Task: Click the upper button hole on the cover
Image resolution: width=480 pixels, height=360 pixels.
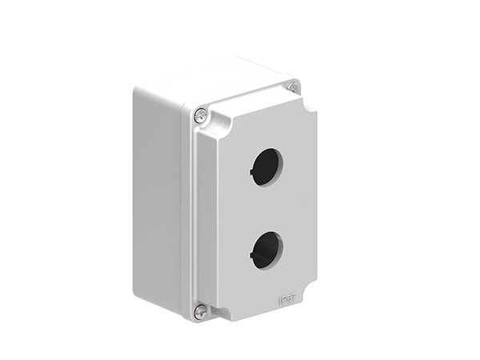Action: click(264, 166)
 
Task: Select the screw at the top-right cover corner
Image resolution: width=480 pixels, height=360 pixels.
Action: click(294, 86)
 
